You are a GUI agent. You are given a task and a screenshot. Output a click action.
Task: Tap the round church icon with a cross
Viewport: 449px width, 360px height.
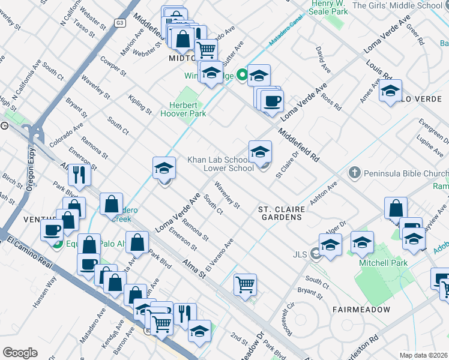click(354, 173)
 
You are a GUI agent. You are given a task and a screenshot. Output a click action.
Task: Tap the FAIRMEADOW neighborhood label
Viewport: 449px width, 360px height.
click(361, 310)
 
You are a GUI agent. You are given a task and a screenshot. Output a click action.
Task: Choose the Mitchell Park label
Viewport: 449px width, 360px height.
click(383, 263)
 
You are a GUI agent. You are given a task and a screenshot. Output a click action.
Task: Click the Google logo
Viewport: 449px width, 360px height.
click(20, 353)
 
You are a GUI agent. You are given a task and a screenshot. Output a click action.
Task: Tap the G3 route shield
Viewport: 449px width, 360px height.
click(120, 22)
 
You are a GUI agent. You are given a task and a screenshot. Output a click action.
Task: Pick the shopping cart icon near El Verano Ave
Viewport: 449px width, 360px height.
click(245, 284)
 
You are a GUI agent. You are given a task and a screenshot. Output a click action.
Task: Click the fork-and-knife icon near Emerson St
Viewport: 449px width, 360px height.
click(79, 175)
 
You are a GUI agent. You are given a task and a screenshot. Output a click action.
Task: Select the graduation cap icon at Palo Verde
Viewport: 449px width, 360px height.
click(390, 91)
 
